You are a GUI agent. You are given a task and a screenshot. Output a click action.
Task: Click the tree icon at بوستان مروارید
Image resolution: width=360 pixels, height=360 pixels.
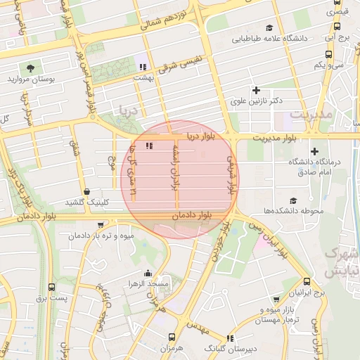30,68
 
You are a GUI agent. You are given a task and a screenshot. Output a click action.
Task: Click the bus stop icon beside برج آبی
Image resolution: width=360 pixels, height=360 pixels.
337,27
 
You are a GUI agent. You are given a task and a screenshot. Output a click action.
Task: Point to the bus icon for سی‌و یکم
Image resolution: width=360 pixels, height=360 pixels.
328,53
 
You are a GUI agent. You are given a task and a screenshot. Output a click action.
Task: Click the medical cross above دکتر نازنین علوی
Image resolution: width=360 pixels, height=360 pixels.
256,90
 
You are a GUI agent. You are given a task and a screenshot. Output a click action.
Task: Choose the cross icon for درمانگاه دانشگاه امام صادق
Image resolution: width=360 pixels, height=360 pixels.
314,151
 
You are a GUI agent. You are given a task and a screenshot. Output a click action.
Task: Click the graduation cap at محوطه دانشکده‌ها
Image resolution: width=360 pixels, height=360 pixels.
292,201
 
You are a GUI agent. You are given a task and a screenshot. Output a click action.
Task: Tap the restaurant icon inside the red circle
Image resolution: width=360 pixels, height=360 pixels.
148,146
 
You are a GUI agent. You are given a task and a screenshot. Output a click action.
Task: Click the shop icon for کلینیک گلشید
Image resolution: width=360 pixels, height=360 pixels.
86,191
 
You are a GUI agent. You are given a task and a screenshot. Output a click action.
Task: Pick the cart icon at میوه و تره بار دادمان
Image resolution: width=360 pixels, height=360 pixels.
103,226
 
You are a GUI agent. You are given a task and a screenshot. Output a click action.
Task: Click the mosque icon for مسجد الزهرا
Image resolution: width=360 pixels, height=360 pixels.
148,274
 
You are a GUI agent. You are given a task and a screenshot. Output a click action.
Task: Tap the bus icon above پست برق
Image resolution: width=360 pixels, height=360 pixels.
51,287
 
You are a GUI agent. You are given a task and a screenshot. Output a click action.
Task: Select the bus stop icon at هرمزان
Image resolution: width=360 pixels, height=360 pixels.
172,338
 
